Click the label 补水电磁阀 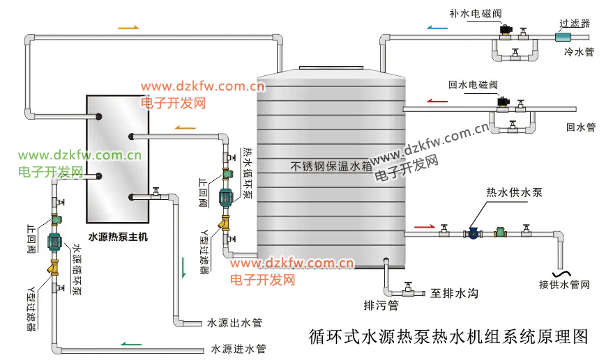(x=476, y=14)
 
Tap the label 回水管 (x=580, y=127)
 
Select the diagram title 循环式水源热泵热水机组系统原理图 (x=449, y=338)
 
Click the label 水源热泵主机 (x=118, y=237)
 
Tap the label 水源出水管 (x=235, y=323)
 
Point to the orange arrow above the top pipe (x=129, y=28)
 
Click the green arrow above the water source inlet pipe (x=131, y=342)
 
